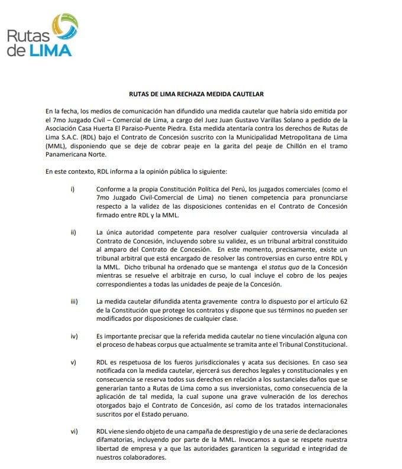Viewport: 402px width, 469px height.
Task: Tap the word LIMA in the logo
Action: point(50,50)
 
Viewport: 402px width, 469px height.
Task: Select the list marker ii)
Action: point(73,231)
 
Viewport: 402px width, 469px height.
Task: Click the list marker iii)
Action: point(74,301)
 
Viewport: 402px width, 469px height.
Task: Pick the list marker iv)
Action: point(74,336)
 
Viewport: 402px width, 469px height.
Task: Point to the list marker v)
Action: point(73,361)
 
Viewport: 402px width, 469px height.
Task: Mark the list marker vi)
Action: point(74,431)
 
